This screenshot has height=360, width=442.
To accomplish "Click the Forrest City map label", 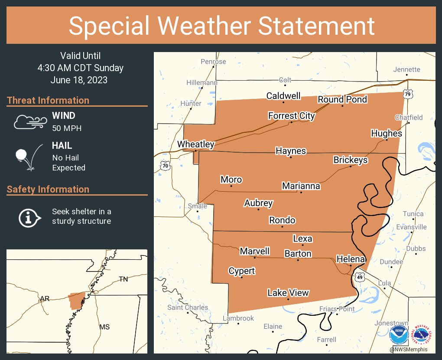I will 291,116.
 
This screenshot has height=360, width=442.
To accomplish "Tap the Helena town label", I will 351,259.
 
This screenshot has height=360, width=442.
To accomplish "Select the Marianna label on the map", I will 301,186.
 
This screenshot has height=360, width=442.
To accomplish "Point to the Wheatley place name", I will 195,144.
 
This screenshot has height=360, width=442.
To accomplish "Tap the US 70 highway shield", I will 164,166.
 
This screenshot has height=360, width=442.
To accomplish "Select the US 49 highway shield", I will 359,277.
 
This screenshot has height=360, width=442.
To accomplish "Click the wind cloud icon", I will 29,122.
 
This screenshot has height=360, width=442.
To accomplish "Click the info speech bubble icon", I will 29,217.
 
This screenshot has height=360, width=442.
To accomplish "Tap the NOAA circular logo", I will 398,335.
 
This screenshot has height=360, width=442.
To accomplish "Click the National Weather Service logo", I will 423,334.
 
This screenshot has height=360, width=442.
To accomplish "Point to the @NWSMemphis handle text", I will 408,350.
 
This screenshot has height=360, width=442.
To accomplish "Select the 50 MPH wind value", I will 67,128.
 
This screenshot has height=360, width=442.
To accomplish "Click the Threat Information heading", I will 48,100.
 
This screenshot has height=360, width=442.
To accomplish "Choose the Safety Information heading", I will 48,189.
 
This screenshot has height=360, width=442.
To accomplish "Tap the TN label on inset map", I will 123,279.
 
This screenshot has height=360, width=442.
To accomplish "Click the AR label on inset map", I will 44,299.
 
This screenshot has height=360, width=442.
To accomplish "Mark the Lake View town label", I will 288,293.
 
